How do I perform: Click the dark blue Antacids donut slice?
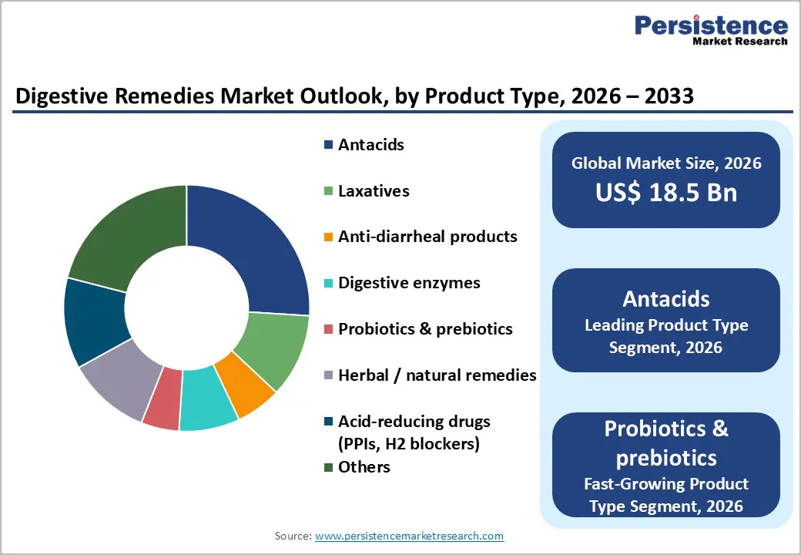tap(254, 247)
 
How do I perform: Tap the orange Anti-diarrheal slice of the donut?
tap(244, 388)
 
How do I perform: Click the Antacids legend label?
tap(370, 145)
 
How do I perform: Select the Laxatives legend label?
tap(374, 191)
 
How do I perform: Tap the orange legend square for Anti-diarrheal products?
tap(329, 237)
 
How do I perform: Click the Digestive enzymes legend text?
tap(409, 283)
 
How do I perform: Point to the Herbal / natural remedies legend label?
tap(437, 375)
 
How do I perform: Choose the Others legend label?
tap(364, 467)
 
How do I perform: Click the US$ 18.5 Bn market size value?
tap(665, 192)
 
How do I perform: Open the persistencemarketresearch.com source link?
tap(409, 536)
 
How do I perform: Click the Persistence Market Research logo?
tap(710, 30)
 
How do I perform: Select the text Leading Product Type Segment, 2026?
tap(665, 336)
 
